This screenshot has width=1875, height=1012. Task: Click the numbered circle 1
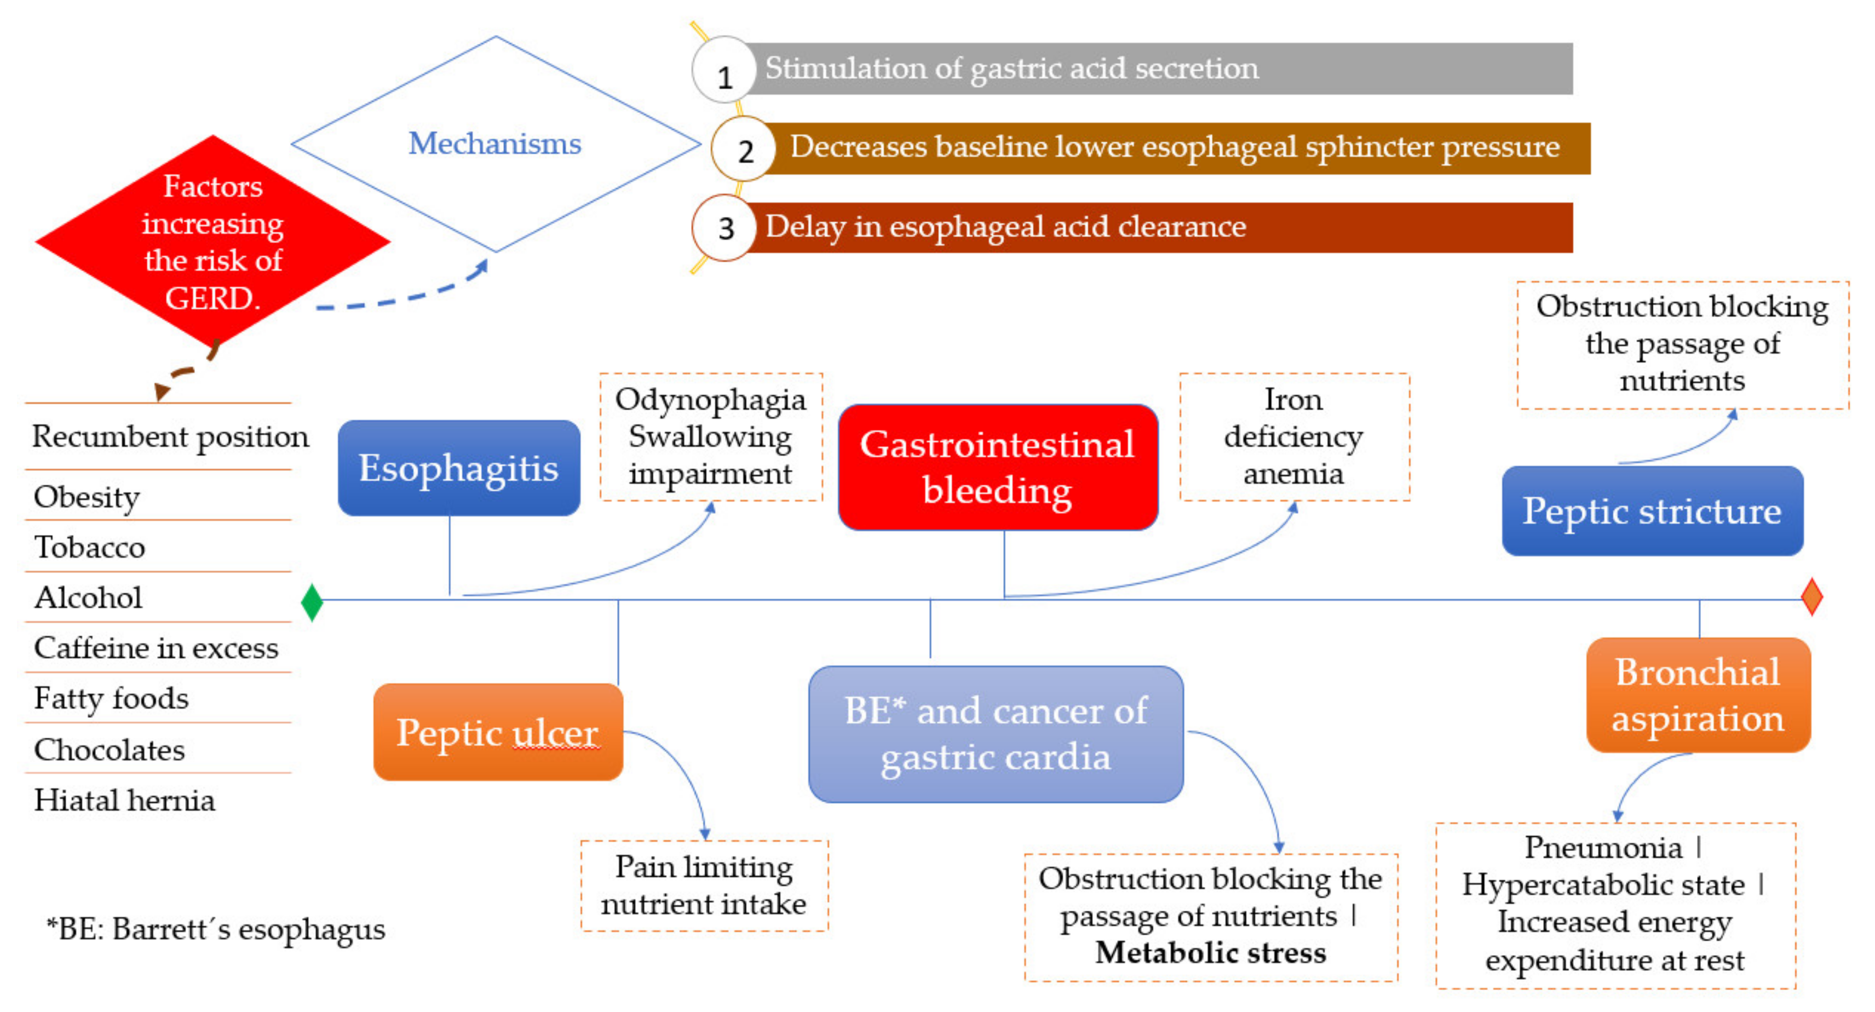pos(723,71)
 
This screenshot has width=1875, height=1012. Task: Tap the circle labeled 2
pos(743,150)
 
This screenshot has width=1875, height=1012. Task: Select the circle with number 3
pos(725,228)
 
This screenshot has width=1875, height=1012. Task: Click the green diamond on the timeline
pos(312,602)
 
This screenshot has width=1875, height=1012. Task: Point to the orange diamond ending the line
pos(1811,596)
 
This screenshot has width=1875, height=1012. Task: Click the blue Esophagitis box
pos(458,468)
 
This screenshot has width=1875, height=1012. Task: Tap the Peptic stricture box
pos(1652,511)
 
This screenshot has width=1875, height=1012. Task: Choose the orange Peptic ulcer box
pos(498,732)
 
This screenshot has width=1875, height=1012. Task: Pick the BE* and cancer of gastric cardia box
pos(995,734)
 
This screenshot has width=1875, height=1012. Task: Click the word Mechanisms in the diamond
pos(495,143)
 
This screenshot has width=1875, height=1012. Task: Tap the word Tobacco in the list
pos(89,547)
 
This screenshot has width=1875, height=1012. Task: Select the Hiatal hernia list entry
pos(124,800)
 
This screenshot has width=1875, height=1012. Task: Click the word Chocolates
pos(109,749)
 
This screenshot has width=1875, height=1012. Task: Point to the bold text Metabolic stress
pos(1210,952)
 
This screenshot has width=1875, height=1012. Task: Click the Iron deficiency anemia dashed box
pos(1293,437)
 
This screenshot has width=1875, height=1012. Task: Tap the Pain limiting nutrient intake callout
pos(704,886)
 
